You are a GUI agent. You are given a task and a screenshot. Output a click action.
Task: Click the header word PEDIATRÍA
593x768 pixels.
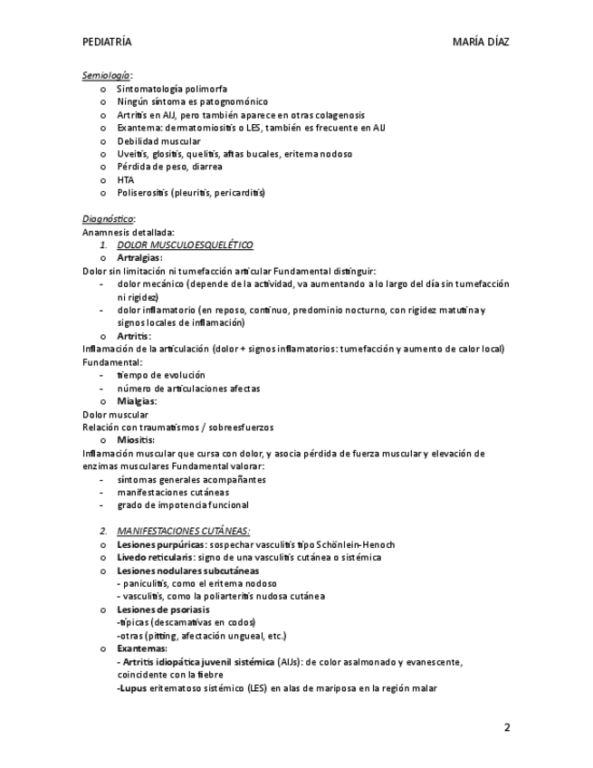click(107, 42)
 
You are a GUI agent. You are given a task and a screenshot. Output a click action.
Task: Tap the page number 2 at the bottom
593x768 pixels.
click(507, 727)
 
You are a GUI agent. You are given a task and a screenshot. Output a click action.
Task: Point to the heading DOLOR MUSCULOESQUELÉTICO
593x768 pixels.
click(186, 245)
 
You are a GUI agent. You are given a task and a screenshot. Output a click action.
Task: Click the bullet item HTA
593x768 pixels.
click(126, 179)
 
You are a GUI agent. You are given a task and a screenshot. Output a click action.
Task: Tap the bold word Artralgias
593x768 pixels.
click(139, 257)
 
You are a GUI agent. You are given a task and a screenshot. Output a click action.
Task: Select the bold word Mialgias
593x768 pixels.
click(137, 400)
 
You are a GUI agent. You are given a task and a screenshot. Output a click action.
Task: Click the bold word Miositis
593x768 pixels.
click(136, 440)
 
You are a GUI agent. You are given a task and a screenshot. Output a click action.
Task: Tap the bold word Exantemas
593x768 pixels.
click(141, 648)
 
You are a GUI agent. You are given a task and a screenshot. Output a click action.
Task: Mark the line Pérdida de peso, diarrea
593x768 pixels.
click(169, 167)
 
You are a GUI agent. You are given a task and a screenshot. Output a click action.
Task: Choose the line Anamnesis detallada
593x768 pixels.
click(129, 232)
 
